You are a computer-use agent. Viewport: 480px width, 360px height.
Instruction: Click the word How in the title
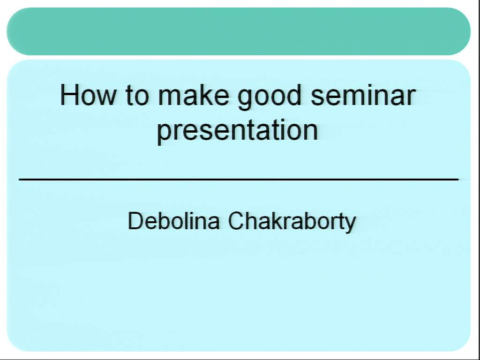click(x=88, y=95)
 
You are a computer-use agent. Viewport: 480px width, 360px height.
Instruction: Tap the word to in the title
click(x=137, y=96)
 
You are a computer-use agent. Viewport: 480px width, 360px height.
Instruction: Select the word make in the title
click(x=194, y=95)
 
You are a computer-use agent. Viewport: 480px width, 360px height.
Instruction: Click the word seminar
click(x=363, y=95)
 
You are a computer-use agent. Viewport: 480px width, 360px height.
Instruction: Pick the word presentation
click(x=238, y=131)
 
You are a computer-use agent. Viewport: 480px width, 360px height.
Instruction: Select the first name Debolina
click(x=173, y=220)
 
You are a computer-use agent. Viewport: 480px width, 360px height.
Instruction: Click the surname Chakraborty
click(x=292, y=222)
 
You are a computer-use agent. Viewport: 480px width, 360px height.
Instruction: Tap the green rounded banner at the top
click(x=239, y=31)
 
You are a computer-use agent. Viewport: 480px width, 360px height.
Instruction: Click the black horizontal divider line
click(x=239, y=180)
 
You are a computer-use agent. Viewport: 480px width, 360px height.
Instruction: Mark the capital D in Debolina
click(x=136, y=220)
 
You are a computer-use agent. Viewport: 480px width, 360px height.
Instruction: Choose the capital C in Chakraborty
click(x=237, y=220)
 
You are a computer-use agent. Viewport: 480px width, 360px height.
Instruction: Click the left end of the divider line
click(x=19, y=180)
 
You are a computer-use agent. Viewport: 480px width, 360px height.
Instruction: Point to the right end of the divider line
click(x=458, y=180)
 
